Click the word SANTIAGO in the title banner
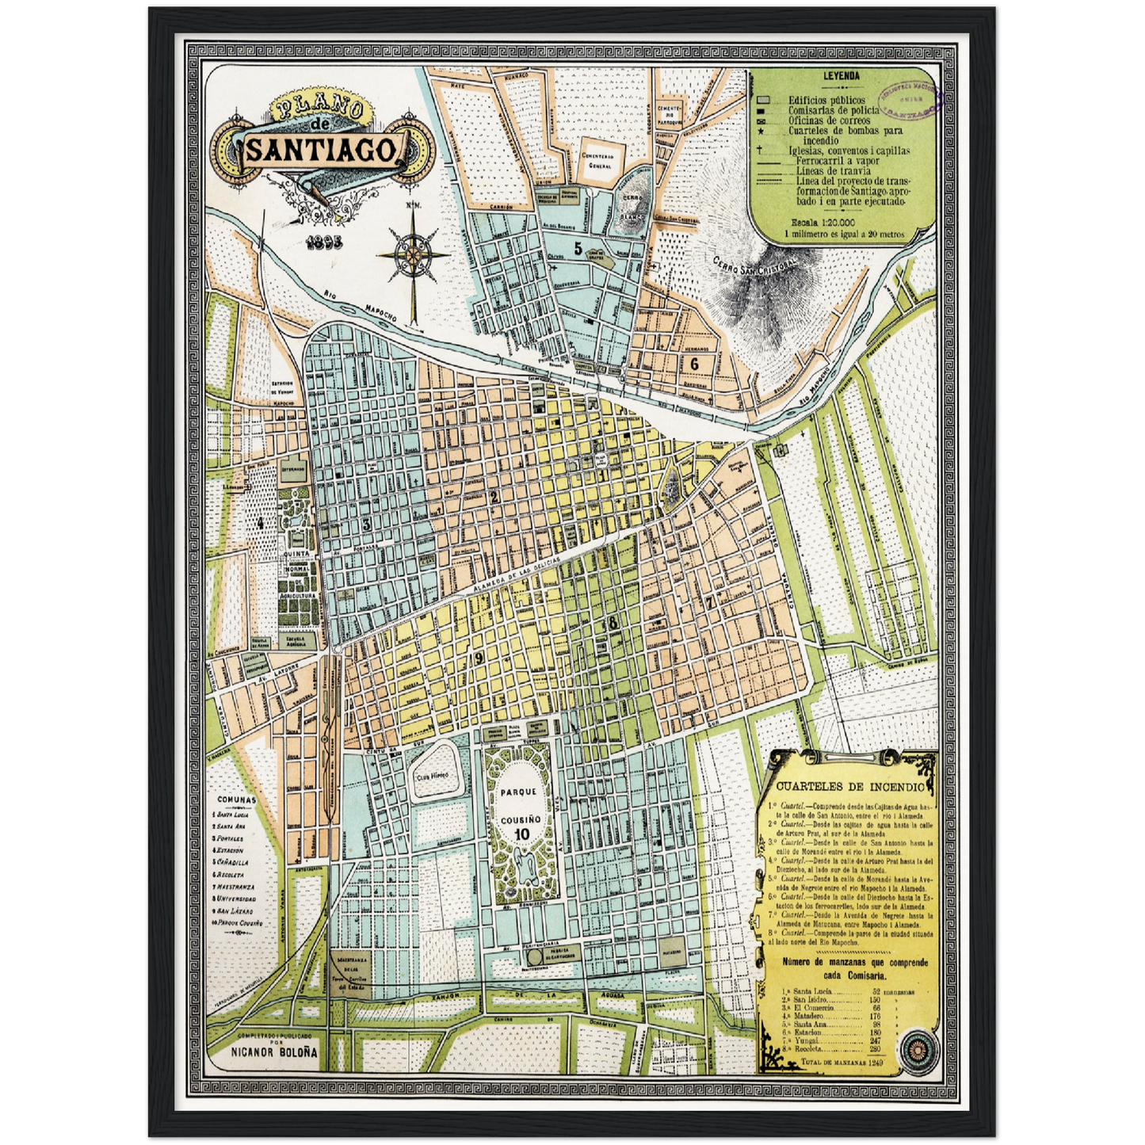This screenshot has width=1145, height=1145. pos(324,150)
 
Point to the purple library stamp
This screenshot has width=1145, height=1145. pos(910,100)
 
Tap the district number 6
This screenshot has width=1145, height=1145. pos(694,364)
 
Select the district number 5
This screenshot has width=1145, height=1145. pos(578,249)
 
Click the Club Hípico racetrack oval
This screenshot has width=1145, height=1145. pos(433,773)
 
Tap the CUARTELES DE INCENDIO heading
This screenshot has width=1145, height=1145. pos(849,787)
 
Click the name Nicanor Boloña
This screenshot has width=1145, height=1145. pos(274,1052)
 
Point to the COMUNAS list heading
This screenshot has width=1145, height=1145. pos(237,800)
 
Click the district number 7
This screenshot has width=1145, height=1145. pos(710,601)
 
